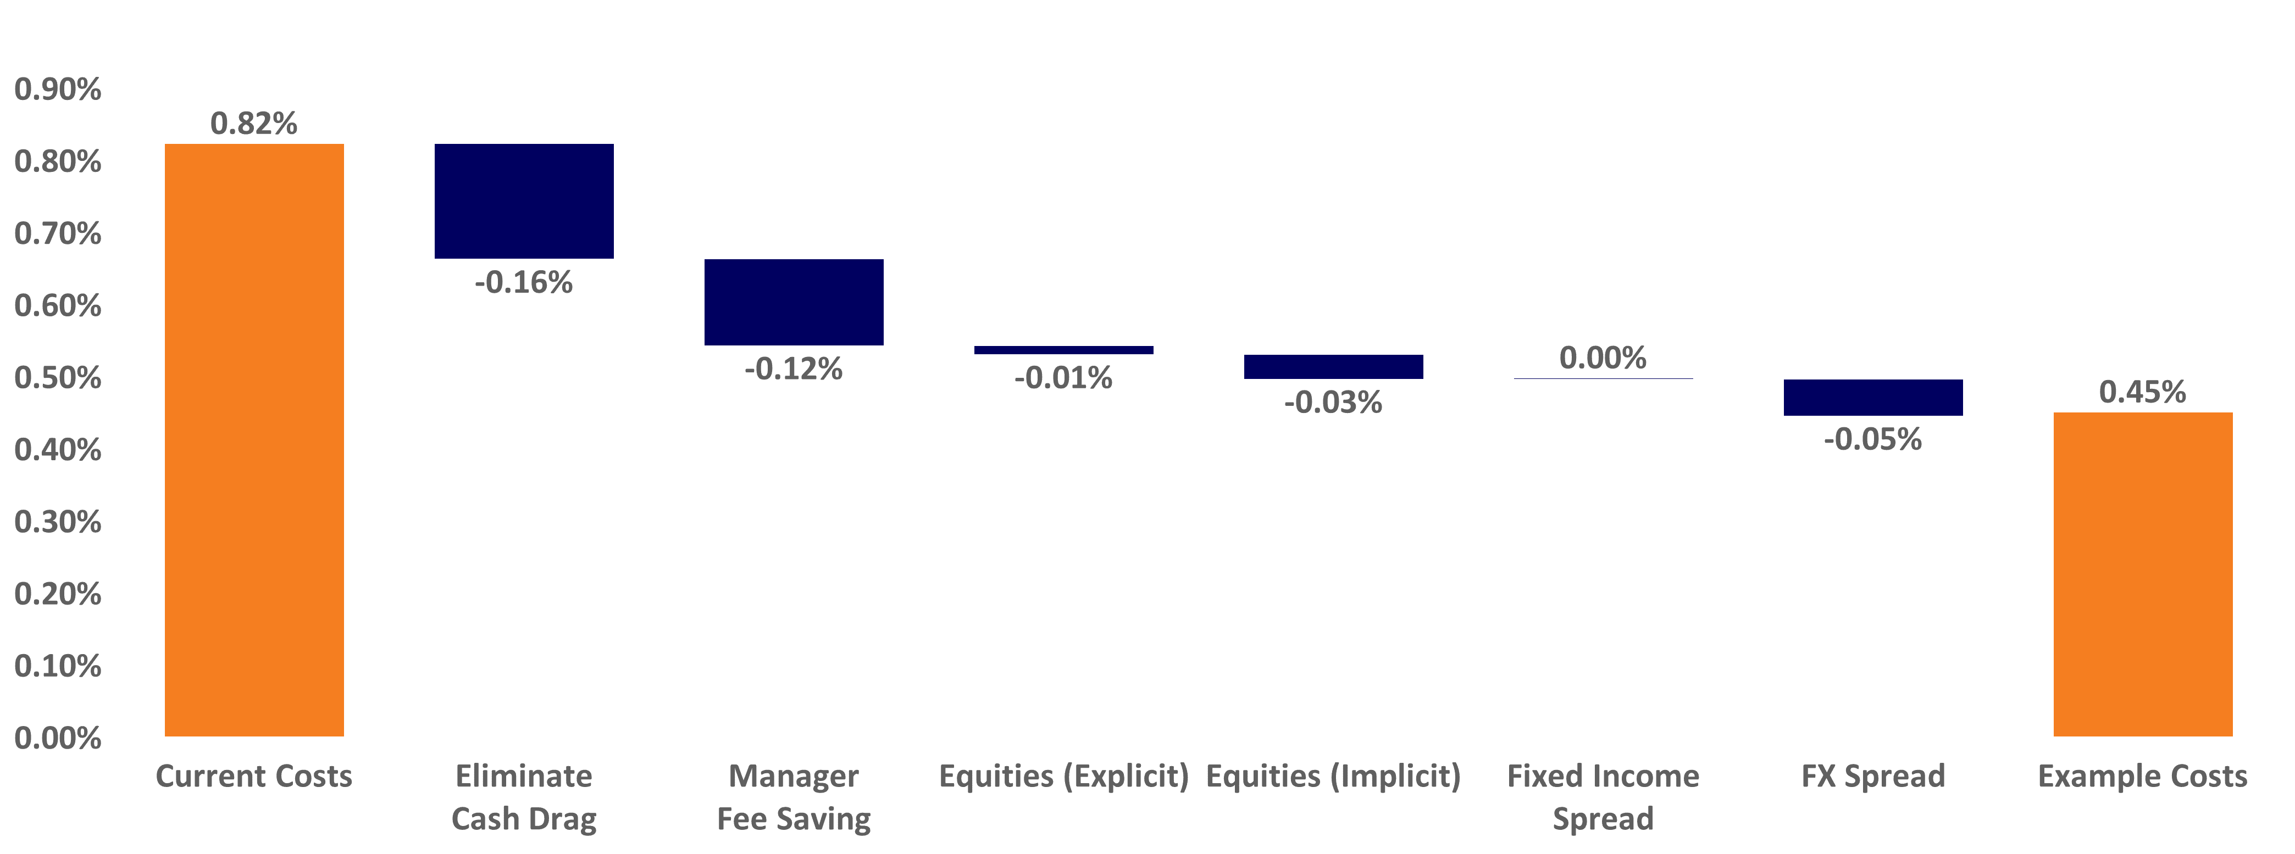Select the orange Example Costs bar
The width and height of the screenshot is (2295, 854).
(x=2143, y=574)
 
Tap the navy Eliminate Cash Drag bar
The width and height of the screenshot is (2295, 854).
(x=524, y=201)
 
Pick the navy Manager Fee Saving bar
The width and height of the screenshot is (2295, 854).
(x=794, y=302)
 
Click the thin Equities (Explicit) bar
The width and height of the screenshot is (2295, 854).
(x=1064, y=350)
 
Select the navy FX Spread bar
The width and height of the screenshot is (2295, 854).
(x=1873, y=397)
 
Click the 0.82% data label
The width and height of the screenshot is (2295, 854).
(x=254, y=124)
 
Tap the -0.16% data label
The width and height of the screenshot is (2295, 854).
(x=524, y=283)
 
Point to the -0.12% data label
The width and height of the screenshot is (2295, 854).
(x=794, y=369)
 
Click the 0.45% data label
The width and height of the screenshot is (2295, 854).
(x=2143, y=392)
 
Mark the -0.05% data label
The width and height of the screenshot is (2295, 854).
(x=1873, y=439)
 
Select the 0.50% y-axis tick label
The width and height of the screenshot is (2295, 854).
(x=58, y=378)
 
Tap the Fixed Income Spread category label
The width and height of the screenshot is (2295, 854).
(x=1603, y=797)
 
